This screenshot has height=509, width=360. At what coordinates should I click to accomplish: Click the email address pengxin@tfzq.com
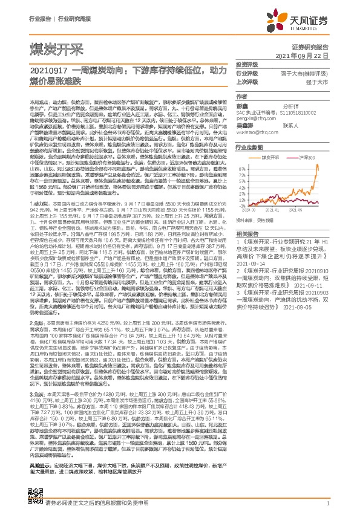(254, 120)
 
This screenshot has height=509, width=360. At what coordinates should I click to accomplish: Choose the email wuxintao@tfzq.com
(255, 131)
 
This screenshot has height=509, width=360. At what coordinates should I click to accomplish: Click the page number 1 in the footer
(327, 503)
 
